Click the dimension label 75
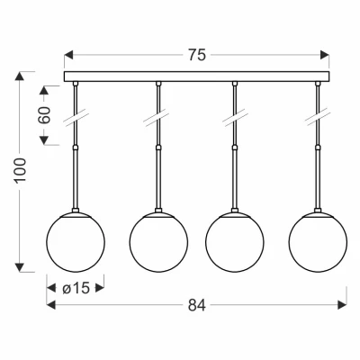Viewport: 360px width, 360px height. click(x=197, y=55)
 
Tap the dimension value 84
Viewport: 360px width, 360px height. click(x=197, y=305)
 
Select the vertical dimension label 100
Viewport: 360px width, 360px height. click(x=21, y=170)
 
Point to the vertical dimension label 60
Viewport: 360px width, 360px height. click(x=44, y=115)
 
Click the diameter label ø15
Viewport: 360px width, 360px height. click(x=76, y=289)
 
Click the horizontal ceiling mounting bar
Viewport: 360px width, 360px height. click(x=197, y=76)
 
